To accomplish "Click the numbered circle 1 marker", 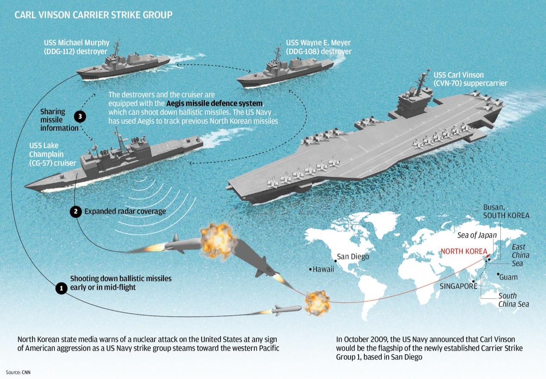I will click(x=61, y=288).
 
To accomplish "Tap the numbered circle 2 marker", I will click(x=76, y=212).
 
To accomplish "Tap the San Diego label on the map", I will click(x=353, y=257).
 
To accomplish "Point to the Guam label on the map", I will click(x=508, y=277).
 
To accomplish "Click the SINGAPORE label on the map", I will click(x=458, y=286).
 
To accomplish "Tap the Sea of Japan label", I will click(x=477, y=235).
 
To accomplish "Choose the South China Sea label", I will click(x=514, y=300).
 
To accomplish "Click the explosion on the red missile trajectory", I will click(x=316, y=301).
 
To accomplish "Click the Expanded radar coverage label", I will click(x=125, y=212).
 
